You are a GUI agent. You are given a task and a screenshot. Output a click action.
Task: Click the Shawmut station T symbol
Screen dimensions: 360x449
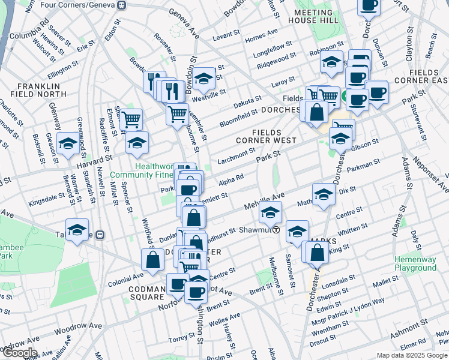(276, 229)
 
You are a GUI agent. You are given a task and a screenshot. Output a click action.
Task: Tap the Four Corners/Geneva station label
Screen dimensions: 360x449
(80, 5)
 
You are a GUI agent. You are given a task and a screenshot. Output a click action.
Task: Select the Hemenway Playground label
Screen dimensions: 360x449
(415, 263)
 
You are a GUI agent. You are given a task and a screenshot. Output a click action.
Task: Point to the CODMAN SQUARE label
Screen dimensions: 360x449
(146, 292)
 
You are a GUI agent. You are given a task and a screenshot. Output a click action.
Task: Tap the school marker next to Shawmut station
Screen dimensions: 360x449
(270, 212)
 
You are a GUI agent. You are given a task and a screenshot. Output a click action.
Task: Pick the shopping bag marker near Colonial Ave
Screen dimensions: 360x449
(152, 259)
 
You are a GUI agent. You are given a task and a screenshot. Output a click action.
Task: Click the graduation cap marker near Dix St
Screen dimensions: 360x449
(324, 194)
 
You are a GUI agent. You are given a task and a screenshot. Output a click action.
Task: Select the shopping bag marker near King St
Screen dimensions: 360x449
(317, 252)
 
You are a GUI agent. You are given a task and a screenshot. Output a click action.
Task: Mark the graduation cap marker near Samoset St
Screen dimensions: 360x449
(297, 232)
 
